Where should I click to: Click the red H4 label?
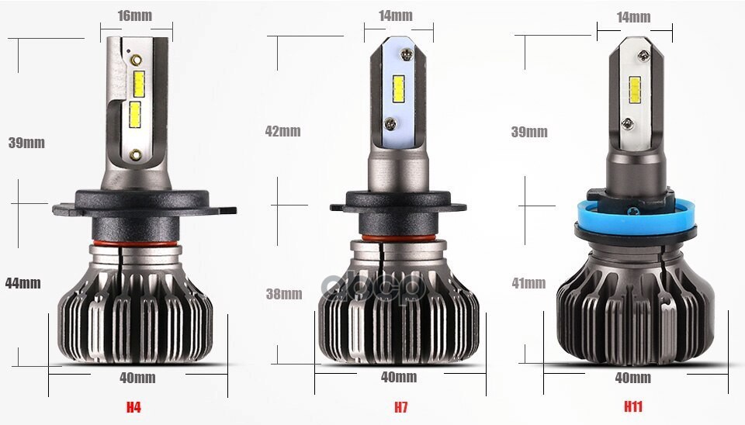pos(134,406)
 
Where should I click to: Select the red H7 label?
pos(400,406)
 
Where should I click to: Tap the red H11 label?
pos(633,406)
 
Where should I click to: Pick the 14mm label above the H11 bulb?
pos(633,16)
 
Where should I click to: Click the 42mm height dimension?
pos(282,131)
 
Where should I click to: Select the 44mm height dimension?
pos(23,283)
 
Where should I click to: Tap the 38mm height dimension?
pos(283,294)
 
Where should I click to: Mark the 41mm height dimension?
pos(528,283)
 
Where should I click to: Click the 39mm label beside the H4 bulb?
pos(26,143)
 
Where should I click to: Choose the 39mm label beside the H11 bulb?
pos(528,131)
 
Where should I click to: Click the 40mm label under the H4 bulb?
pos(138,378)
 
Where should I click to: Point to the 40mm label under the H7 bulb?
pos(399,377)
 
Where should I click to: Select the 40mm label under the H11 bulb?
pos(632,378)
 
